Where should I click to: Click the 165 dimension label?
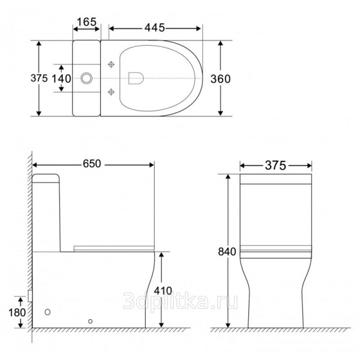pyautogui.click(x=86, y=22)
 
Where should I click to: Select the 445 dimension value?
pyautogui.click(x=155, y=28)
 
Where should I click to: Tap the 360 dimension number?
pyautogui.click(x=220, y=79)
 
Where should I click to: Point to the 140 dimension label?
pyautogui.click(x=61, y=79)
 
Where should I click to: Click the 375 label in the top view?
pyautogui.click(x=39, y=78)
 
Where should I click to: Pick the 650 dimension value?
pyautogui.click(x=92, y=164)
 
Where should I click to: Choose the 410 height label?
pyautogui.click(x=163, y=291)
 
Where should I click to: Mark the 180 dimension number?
pyautogui.click(x=17, y=313)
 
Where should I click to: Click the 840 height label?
pyautogui.click(x=227, y=251)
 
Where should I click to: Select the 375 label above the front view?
pyautogui.click(x=275, y=166)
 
